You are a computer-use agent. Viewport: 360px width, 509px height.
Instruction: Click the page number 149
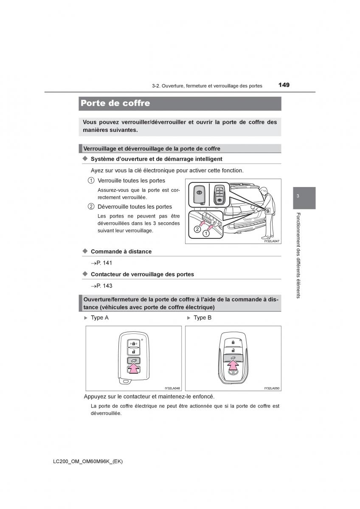coord(284,85)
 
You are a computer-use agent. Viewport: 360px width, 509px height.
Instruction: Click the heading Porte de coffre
coord(115,103)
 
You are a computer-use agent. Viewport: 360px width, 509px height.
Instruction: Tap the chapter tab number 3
coord(298,196)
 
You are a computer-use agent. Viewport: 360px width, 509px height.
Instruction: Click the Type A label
coord(99,318)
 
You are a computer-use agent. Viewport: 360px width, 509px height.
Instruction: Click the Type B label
coord(202,318)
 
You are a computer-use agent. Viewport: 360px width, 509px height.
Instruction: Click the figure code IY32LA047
coord(272,241)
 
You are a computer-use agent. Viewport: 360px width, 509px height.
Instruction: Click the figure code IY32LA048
coord(172,388)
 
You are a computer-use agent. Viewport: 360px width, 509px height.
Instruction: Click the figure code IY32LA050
coord(272,388)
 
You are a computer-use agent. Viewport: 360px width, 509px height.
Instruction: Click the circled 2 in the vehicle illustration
coord(197,229)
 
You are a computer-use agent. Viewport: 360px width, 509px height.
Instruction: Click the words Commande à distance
coord(121,252)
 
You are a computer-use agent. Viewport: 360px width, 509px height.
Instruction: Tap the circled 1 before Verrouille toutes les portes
coord(91,181)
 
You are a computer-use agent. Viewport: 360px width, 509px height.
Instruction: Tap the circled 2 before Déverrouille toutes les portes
coord(91,207)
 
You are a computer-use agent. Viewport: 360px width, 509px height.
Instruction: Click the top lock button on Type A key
coord(133,342)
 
